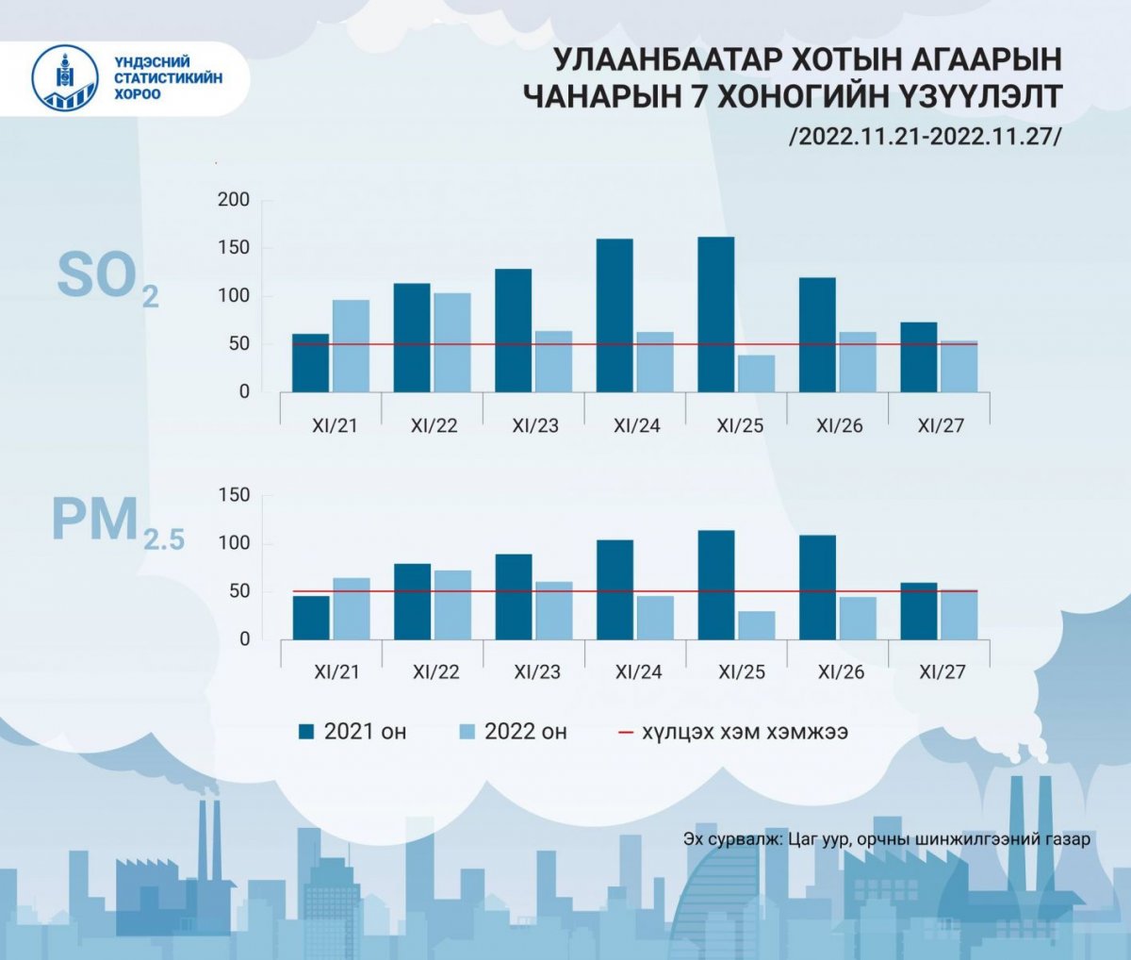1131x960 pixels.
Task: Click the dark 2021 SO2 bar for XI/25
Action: pos(716,314)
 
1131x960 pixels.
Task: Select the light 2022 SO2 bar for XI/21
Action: pos(352,345)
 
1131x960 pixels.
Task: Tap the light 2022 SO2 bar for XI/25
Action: pos(756,373)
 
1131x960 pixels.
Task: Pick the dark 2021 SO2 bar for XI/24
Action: pos(615,315)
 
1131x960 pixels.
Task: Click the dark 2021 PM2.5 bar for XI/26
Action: pos(817,587)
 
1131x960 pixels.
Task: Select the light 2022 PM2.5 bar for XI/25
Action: pos(756,625)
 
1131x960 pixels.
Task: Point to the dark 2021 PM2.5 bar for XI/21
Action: pos(311,617)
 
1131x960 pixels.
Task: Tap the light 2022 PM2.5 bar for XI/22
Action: pos(452,604)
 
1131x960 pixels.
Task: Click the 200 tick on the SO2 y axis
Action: pos(233,200)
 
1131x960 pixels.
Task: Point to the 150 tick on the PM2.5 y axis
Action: pos(233,495)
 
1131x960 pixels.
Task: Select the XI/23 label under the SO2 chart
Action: pos(535,425)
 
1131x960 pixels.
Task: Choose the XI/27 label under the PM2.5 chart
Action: pos(942,672)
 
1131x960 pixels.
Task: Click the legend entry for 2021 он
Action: pos(352,732)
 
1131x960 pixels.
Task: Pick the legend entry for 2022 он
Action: pos(513,732)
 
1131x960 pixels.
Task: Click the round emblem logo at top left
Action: pos(66,78)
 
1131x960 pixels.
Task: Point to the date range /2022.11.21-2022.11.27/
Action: pos(926,136)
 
